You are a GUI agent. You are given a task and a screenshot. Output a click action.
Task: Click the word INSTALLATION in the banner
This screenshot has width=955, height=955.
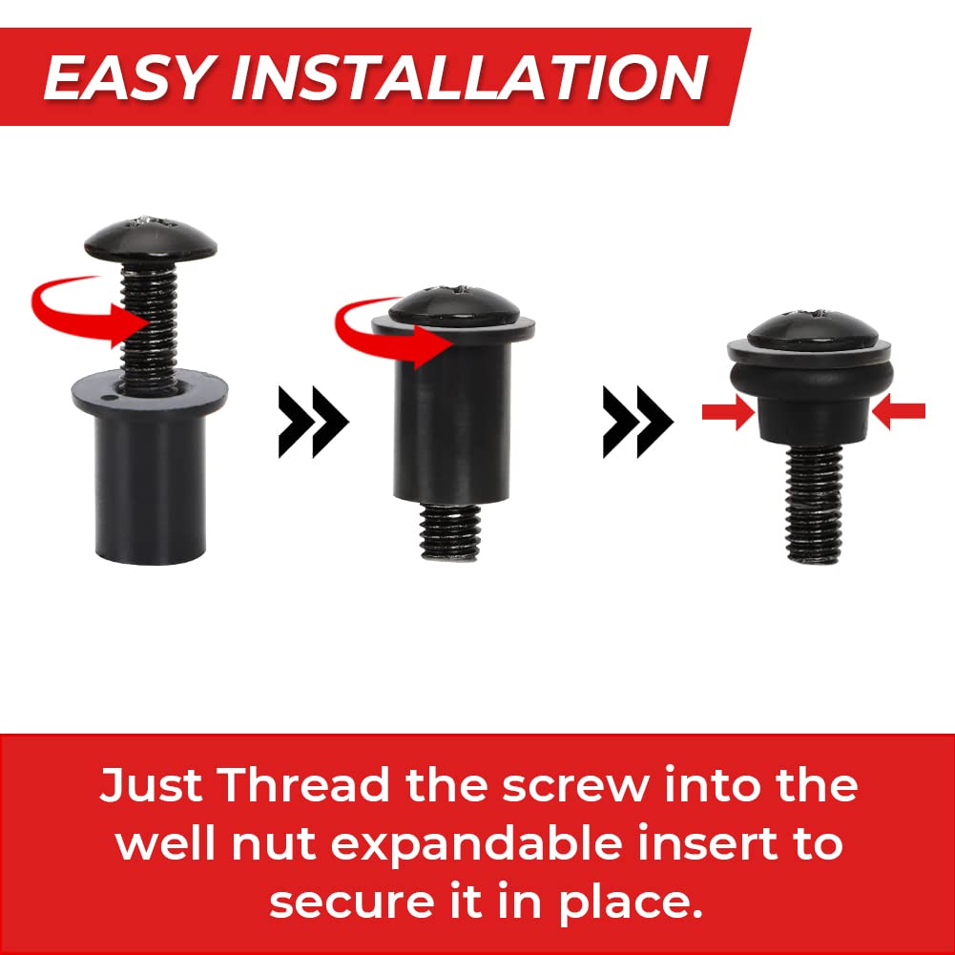pos(469,77)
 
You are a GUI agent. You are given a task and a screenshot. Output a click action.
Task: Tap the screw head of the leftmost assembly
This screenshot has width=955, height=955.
pos(151,239)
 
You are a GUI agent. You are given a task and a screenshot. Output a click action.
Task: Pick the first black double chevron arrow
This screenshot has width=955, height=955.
pos(313,422)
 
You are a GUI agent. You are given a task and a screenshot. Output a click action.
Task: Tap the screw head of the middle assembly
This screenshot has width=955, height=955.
pos(454,305)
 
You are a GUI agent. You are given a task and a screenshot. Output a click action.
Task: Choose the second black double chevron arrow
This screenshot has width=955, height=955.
pos(637,422)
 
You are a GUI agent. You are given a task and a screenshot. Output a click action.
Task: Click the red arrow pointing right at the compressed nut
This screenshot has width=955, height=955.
pos(729,412)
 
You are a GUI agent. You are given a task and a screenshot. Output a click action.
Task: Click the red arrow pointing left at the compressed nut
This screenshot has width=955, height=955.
pos(899,412)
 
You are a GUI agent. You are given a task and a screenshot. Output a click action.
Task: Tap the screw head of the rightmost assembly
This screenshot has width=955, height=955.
pos(813,331)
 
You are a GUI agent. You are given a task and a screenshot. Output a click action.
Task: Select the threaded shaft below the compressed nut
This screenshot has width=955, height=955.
pos(815,505)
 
